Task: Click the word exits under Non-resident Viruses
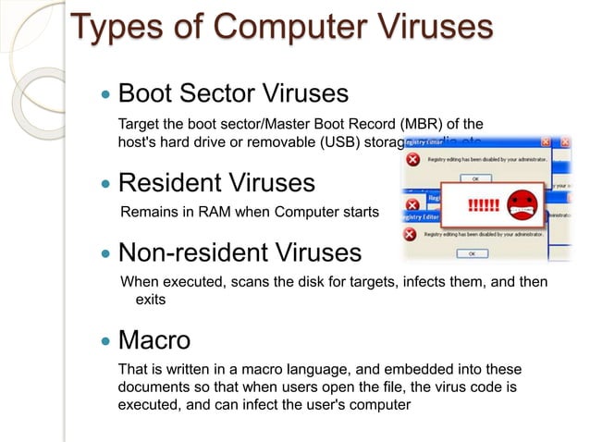pos(152,300)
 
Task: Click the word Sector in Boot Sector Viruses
pos(220,93)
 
